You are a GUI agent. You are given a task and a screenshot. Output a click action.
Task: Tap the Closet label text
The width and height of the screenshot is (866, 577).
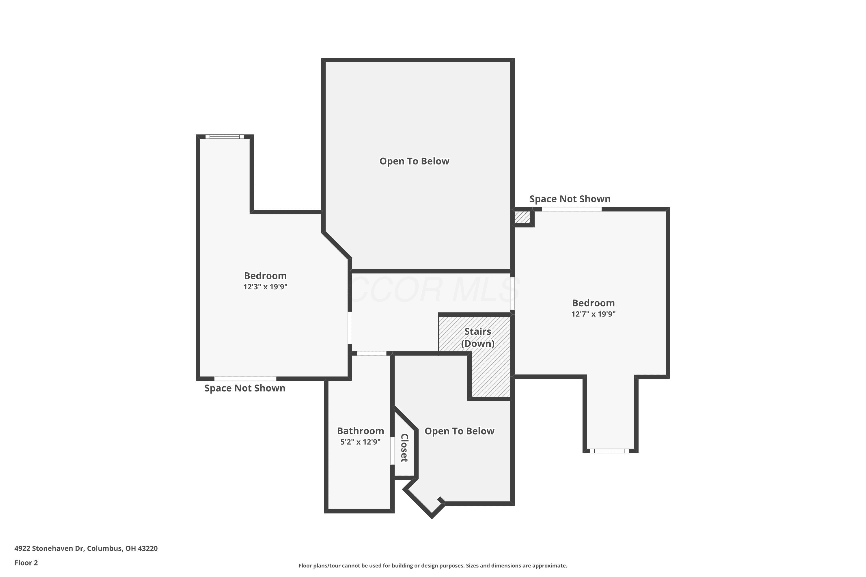point(404,448)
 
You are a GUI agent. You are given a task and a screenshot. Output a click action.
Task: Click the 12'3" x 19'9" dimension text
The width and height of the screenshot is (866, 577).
point(265,287)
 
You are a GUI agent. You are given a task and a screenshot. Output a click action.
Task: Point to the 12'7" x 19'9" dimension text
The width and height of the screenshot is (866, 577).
point(593,314)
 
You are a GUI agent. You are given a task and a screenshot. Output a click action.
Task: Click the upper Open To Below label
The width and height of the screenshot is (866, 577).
point(414,161)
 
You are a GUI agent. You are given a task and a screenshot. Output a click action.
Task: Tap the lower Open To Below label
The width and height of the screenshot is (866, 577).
point(459,431)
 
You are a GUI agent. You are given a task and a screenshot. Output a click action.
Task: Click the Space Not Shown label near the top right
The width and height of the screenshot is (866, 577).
point(570,199)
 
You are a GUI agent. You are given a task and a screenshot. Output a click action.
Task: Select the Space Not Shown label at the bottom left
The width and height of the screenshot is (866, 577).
point(245,388)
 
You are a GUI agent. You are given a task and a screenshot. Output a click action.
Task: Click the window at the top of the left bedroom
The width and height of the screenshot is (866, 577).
point(225,136)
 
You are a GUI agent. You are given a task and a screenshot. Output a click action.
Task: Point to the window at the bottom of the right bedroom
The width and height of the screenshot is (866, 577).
point(609,451)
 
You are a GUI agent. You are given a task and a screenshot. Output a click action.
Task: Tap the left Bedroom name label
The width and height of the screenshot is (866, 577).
point(265,276)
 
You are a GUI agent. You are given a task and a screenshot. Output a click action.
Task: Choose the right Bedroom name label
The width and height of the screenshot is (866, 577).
point(593,303)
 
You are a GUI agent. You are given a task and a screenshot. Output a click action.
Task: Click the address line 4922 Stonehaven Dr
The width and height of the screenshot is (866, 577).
point(86,548)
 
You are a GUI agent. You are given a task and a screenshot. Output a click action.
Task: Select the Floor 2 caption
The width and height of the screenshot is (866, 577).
point(26,563)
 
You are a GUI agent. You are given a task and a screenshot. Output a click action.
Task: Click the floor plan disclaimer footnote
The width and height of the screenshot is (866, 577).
point(433,565)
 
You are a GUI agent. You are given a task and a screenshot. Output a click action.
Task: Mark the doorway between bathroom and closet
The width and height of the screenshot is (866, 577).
point(393,450)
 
